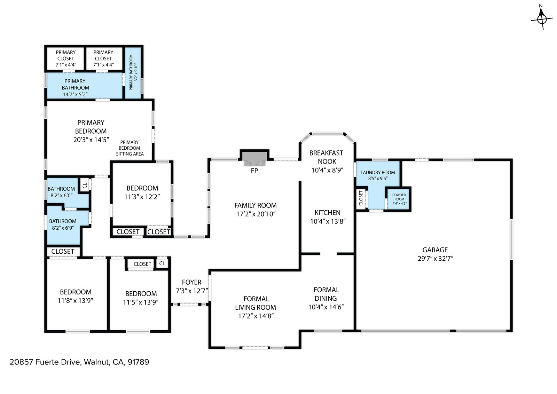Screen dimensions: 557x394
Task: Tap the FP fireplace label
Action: [254, 171]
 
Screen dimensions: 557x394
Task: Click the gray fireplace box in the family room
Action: [254, 159]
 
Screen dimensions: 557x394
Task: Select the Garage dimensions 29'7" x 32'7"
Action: [436, 259]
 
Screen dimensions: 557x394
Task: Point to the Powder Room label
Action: [399, 199]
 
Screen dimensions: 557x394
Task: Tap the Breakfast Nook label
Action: [327, 157]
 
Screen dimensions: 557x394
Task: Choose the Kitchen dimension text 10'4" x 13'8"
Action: [328, 221]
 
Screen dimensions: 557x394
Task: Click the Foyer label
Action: [191, 282]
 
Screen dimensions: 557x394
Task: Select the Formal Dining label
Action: [326, 294]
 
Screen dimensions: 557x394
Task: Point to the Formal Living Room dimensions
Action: [256, 316]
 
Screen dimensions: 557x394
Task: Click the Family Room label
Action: [256, 206]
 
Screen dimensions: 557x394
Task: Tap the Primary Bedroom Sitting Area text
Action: [130, 148]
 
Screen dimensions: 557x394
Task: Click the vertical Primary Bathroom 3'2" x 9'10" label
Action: [133, 72]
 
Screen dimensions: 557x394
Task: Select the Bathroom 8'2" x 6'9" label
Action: [63, 224]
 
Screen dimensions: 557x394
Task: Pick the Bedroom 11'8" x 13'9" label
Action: [75, 296]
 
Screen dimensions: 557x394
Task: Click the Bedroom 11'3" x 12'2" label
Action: [142, 192]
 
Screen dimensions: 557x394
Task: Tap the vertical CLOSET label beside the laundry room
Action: [361, 198]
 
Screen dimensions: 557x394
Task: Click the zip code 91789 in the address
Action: [138, 362]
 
